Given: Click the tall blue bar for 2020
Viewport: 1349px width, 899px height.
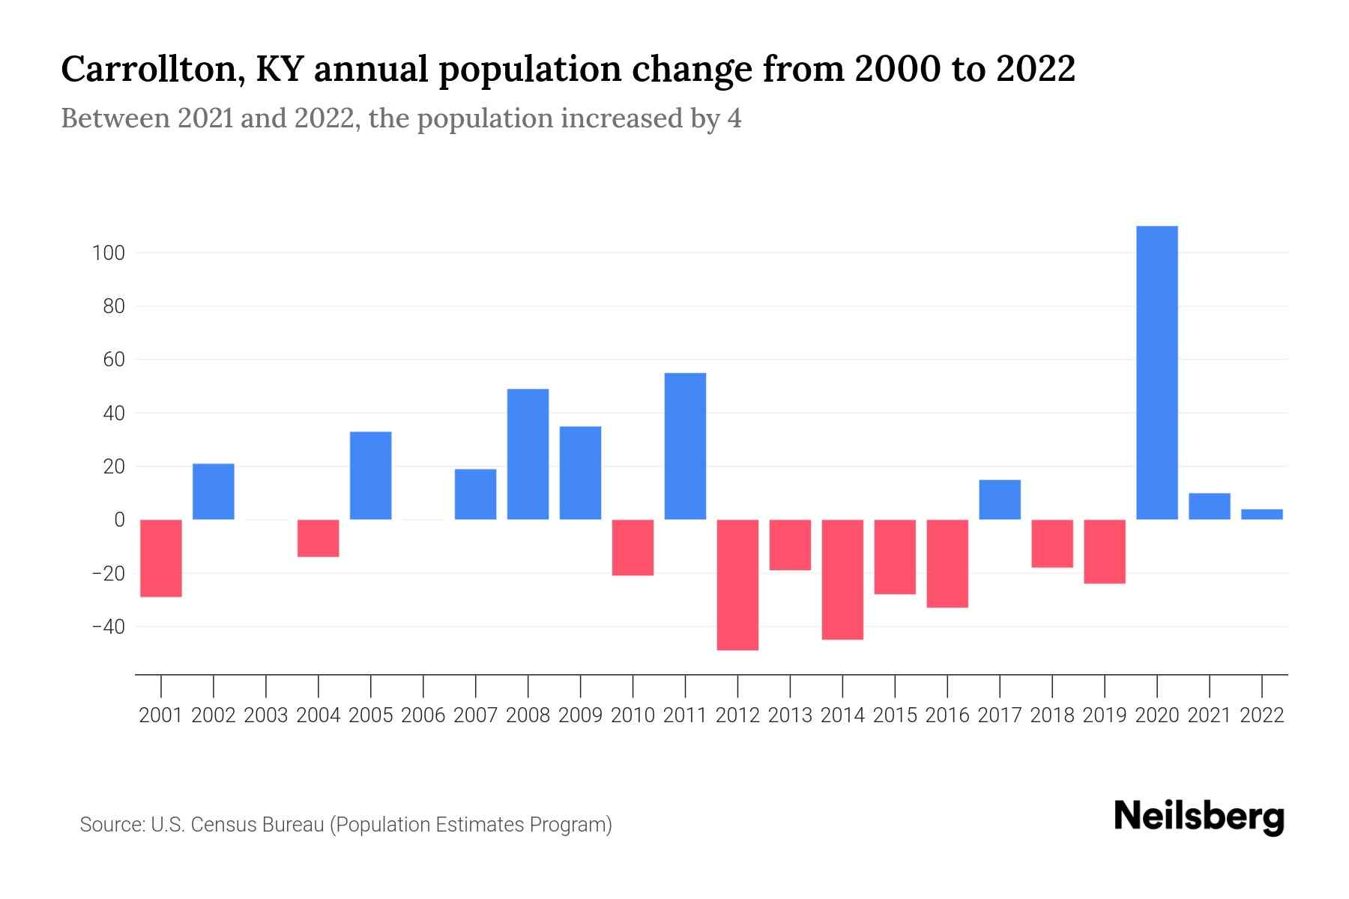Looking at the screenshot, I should tap(1156, 372).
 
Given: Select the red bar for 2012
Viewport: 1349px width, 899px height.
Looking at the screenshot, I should tap(737, 584).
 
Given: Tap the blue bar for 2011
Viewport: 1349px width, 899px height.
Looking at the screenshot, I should tap(685, 446).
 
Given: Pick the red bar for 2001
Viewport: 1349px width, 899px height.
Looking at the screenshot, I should tap(161, 558).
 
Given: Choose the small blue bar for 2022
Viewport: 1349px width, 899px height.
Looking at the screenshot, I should tap(1261, 514).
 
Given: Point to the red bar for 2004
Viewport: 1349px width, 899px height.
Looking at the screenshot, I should tap(319, 538).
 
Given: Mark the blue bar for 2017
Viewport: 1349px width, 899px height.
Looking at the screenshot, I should tap(1000, 500).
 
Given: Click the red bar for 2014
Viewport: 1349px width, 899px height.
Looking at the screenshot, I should tap(842, 579).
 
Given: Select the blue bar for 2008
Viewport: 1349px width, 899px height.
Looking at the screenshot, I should tap(528, 454).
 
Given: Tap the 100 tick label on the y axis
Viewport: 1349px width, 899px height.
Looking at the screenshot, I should tap(108, 253).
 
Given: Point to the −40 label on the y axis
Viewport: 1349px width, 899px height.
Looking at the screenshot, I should tap(108, 626).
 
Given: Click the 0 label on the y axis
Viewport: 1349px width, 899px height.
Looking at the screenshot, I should tap(119, 520).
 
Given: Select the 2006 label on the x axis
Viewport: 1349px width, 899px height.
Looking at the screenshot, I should tap(423, 715).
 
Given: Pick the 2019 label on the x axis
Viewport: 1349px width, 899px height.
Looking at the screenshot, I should tap(1105, 715).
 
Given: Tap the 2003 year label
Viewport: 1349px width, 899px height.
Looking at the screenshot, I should tap(266, 715).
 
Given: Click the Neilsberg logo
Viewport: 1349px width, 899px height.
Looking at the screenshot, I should tap(1199, 817).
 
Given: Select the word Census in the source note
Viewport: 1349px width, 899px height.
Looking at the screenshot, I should tap(223, 825).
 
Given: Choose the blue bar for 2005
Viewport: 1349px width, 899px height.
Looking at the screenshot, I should tap(371, 476).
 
